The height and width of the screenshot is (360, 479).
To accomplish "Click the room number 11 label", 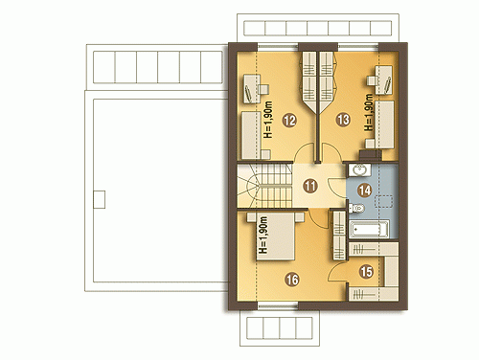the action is click(x=309, y=186).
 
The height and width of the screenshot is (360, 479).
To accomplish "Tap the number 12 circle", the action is click(x=289, y=121).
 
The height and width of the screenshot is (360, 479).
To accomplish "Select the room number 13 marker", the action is click(x=343, y=120).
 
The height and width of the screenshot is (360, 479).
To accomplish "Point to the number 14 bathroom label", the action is click(x=365, y=191).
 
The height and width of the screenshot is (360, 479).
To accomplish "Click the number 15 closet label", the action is click(x=366, y=272).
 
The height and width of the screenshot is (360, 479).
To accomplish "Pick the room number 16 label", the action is click(x=292, y=280).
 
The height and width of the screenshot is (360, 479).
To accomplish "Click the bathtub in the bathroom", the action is click(x=369, y=229).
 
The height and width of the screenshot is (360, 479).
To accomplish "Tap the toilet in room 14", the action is click(x=356, y=209).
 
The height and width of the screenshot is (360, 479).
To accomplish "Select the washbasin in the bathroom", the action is click(x=359, y=169).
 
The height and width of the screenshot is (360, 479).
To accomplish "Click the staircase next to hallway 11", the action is click(x=264, y=186).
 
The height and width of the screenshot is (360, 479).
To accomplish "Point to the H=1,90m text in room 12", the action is click(x=268, y=120).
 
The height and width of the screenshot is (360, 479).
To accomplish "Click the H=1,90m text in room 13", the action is click(x=369, y=112).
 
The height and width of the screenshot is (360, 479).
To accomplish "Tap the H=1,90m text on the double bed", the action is click(x=262, y=235).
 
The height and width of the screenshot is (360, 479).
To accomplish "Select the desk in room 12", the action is click(x=252, y=89).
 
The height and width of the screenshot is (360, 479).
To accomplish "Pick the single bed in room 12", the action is click(x=251, y=135).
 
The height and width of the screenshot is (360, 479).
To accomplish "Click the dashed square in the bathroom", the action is click(x=384, y=202).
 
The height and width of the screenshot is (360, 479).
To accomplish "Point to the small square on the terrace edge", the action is click(x=100, y=199).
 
